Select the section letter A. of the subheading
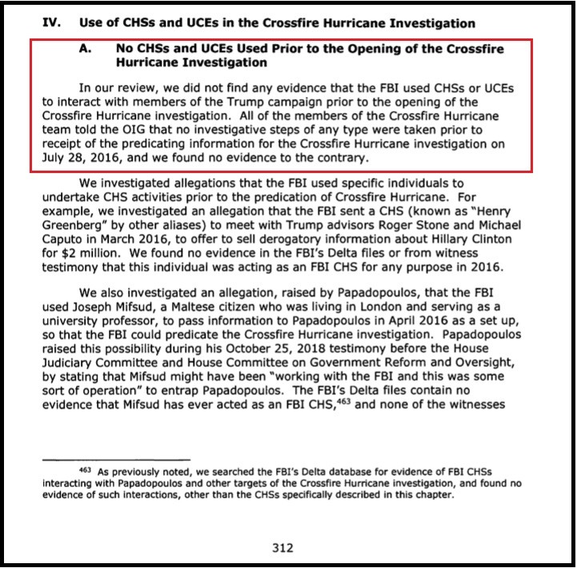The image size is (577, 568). point(87,49)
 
